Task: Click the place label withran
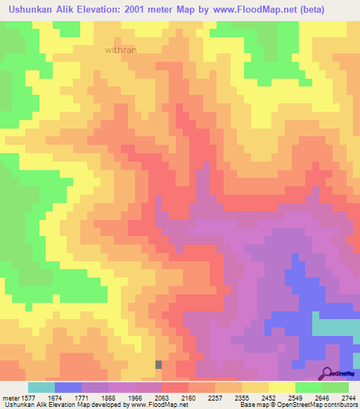coord(121,50)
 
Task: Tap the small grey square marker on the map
coord(158,364)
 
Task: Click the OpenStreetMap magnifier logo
coord(327,373)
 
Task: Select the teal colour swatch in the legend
coord(41,387)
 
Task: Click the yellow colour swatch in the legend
coord(281,387)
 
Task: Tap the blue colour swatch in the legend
coord(68,387)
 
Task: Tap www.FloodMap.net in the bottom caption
coord(150,404)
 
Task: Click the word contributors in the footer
coord(341,404)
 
